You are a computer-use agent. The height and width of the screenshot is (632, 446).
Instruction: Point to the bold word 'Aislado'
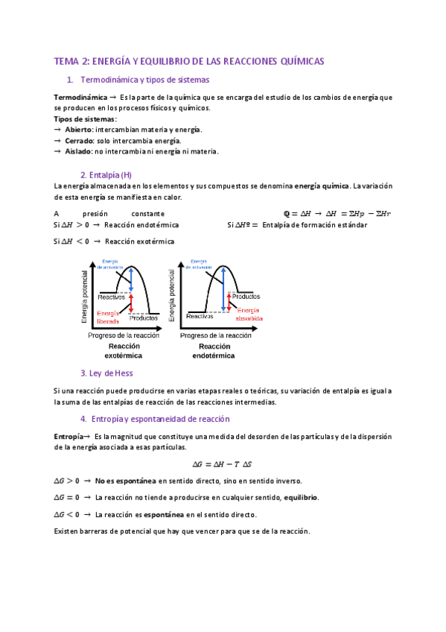click(x=78, y=151)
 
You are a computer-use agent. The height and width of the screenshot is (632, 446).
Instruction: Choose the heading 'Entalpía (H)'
click(x=106, y=174)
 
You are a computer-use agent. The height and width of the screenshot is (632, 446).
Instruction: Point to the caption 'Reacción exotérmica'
click(x=124, y=351)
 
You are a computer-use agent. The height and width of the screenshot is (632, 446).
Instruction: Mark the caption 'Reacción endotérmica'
click(x=214, y=351)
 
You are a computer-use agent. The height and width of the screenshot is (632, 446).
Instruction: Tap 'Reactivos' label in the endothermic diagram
click(x=200, y=316)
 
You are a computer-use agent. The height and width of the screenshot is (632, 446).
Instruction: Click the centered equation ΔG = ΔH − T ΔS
click(x=223, y=463)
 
